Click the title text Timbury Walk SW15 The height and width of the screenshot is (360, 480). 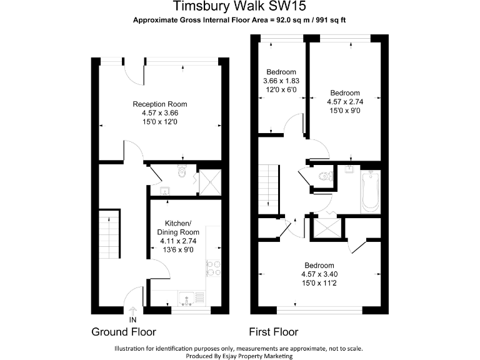point(239,7)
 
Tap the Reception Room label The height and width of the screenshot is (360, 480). point(159,104)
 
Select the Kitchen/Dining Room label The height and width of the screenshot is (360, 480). point(182,227)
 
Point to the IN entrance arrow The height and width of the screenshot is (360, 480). point(132,312)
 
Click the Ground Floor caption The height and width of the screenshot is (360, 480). point(124,332)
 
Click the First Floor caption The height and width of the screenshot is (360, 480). point(273,332)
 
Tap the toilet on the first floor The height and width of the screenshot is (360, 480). point(322,177)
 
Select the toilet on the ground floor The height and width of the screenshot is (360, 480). point(182,171)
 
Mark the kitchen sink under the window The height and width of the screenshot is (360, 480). point(187,299)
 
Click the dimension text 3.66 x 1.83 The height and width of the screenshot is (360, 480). point(281,81)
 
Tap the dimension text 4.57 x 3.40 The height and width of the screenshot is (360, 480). point(319,274)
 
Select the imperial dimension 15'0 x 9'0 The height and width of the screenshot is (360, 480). point(344,111)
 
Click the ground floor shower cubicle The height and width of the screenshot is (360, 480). point(208,180)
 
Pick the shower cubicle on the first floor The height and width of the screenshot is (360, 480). point(326,226)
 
